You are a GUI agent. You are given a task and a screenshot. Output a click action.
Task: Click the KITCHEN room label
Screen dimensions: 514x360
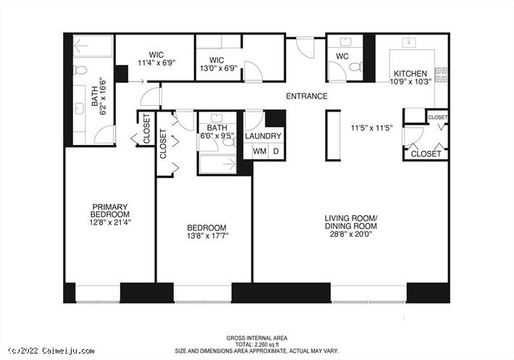[410, 73]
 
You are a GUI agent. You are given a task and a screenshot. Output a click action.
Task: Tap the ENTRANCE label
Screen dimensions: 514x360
[306, 96]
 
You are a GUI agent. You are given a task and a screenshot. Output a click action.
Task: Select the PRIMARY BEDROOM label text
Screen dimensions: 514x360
[110, 211]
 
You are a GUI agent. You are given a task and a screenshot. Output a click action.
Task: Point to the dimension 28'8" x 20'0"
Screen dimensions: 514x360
[351, 234]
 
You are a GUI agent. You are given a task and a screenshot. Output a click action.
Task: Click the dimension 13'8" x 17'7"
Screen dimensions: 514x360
[208, 235]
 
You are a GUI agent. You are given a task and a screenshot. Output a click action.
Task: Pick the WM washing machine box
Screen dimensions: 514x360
[259, 151]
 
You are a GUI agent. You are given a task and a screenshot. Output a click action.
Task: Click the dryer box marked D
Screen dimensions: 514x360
[277, 151]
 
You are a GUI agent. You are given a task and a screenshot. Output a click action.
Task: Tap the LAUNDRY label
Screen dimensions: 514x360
[263, 136]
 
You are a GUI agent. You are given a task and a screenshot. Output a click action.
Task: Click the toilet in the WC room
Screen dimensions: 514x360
[355, 67]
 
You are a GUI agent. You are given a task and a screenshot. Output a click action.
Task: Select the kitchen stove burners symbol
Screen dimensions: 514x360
[441, 75]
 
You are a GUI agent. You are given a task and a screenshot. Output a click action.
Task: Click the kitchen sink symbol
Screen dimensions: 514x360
[409, 43]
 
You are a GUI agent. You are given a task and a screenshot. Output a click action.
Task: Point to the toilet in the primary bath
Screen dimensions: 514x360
[80, 70]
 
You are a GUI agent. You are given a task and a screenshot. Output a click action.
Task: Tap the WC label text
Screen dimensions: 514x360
[342, 56]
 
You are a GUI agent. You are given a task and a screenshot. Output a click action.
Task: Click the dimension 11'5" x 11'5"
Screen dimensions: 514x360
[371, 128]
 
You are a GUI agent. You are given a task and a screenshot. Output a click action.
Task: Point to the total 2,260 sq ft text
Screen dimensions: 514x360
[257, 345]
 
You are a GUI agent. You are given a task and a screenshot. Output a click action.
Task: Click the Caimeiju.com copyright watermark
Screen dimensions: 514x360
[51, 351]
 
